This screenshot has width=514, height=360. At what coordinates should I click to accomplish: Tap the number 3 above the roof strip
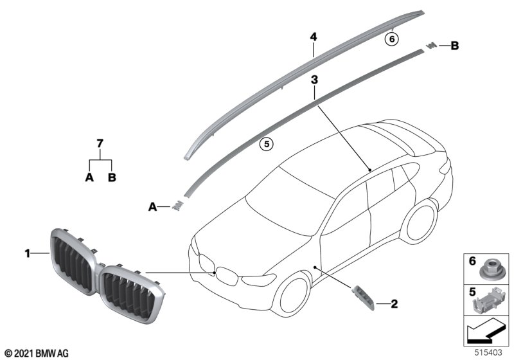[x=314, y=80]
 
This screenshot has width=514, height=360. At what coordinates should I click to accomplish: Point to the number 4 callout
[x=314, y=37]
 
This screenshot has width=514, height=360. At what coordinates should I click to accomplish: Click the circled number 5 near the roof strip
[x=265, y=143]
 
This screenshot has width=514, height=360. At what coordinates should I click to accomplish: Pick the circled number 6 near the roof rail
[x=391, y=39]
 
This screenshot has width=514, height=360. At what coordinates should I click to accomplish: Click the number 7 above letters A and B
[x=100, y=143]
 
